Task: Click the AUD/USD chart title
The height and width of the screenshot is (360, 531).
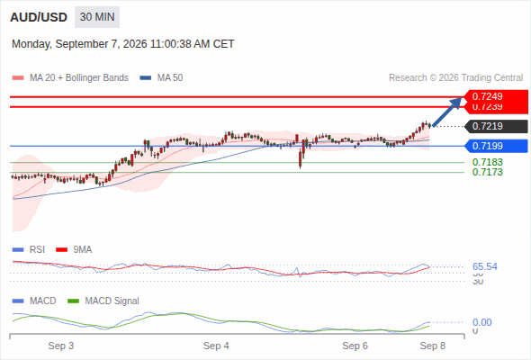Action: point(39,17)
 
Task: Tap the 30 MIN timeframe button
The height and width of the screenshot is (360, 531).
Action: point(97,17)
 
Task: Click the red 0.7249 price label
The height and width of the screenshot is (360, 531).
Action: point(496,96)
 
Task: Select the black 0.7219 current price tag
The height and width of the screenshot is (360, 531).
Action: point(497,126)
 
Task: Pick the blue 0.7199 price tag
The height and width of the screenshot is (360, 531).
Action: point(497,146)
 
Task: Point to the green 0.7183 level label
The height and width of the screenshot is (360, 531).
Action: point(487,162)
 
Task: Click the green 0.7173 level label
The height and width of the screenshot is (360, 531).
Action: point(487,172)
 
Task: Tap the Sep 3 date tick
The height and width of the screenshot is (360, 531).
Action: point(61,346)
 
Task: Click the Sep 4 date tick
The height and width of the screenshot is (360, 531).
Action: point(216,346)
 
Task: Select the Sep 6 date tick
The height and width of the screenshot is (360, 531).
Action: point(355,346)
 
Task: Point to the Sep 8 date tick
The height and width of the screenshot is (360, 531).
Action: point(433,346)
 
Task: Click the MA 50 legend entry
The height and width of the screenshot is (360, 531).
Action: point(161,78)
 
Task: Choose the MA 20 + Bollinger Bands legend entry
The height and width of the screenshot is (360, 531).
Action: point(70,78)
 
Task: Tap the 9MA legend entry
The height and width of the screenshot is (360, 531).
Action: point(74,249)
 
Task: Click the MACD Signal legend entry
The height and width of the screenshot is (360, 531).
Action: point(103,301)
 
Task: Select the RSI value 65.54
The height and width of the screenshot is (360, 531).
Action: point(485,266)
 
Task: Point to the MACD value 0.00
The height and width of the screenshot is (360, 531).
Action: point(481,322)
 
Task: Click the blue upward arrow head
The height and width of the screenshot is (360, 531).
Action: point(457,102)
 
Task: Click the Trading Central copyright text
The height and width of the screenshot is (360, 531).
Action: point(455,78)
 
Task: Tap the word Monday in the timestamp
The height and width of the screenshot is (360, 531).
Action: point(31,44)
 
